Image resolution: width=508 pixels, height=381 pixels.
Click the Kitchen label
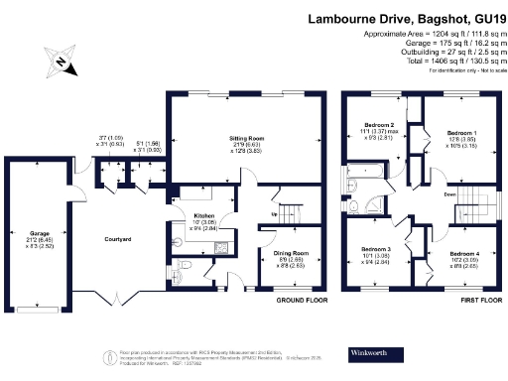(203, 215)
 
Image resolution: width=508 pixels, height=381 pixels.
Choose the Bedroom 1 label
(461, 132)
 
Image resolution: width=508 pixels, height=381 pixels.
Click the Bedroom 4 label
(463, 256)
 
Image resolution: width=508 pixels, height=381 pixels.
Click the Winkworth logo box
(368, 353)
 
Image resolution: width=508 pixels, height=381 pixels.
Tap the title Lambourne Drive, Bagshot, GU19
(407, 18)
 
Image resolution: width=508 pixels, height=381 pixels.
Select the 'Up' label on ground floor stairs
(274, 213)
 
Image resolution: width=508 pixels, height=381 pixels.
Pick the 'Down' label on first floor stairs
(449, 195)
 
